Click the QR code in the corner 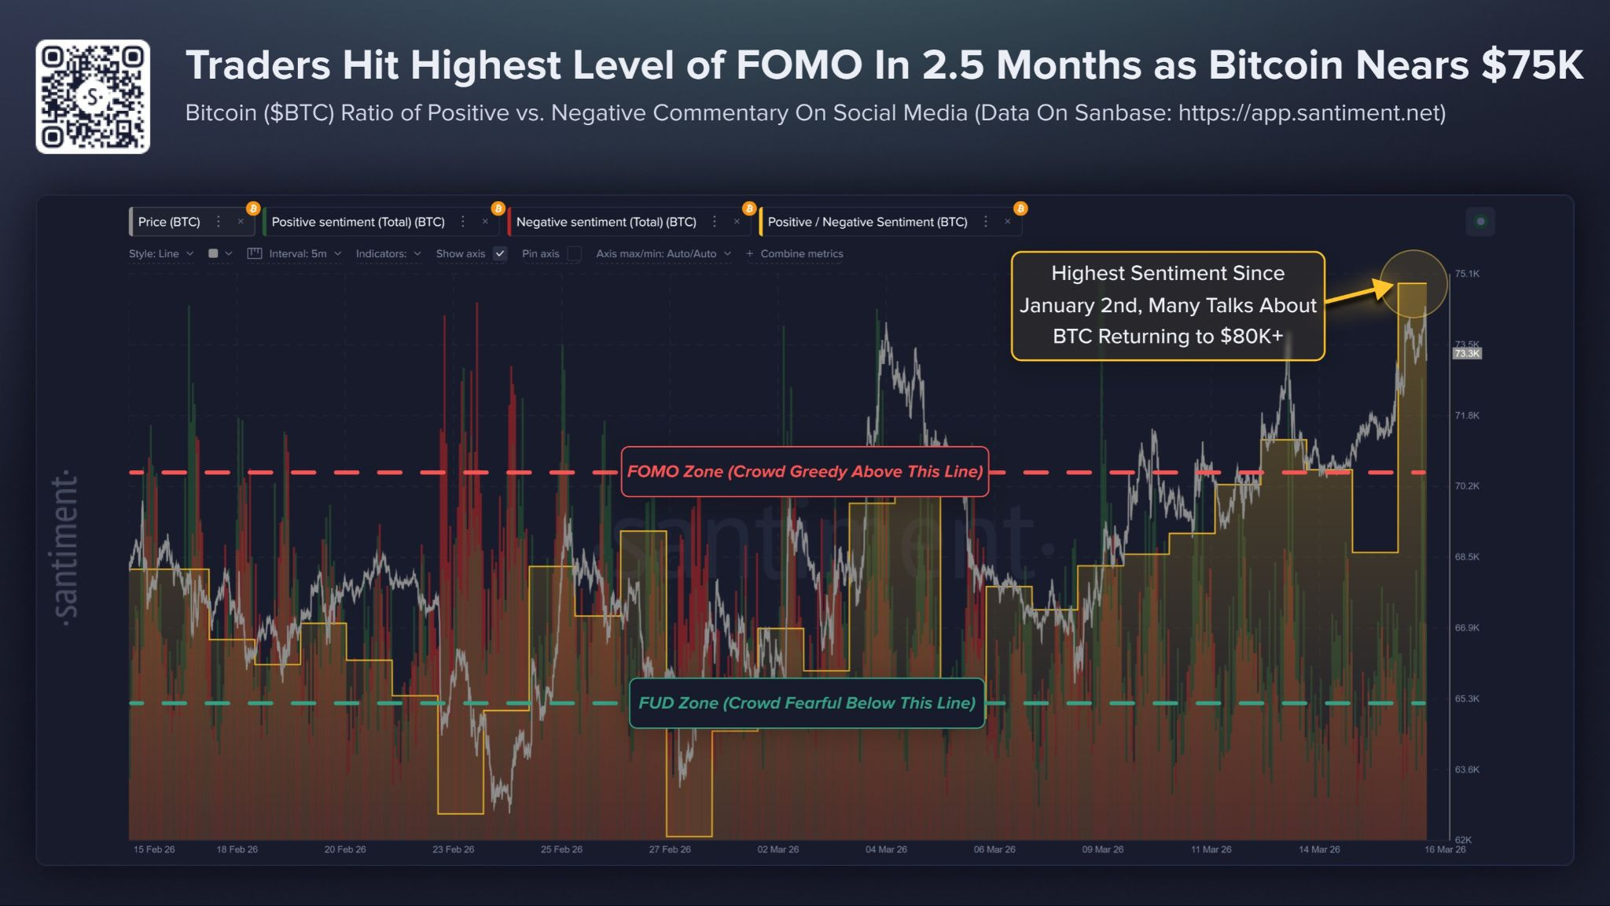[93, 97]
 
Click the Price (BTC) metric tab [169, 222]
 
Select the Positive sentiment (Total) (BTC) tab [358, 222]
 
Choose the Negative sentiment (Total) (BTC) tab [606, 222]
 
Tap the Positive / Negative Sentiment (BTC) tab [867, 222]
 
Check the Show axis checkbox [500, 253]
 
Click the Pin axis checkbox [575, 253]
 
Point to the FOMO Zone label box [804, 471]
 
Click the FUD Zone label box [807, 702]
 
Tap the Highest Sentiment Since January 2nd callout [1167, 305]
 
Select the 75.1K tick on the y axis [1467, 274]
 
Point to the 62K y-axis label [1462, 839]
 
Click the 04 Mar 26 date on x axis [886, 849]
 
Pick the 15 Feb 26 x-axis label [154, 849]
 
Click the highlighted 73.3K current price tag [1467, 354]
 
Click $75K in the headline [1532, 64]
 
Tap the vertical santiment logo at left [64, 548]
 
